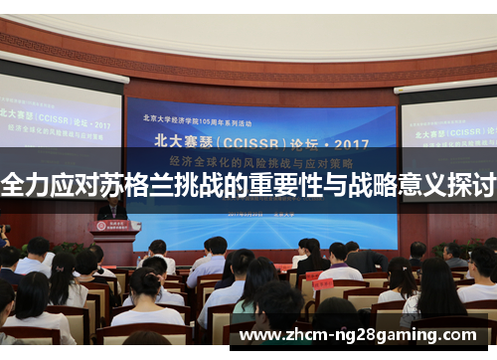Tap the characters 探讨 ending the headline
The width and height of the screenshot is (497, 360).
point(473,185)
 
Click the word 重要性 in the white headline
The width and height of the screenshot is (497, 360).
point(279,185)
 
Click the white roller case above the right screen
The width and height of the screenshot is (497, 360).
point(446,84)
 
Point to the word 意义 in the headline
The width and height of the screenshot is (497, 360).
point(421,185)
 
